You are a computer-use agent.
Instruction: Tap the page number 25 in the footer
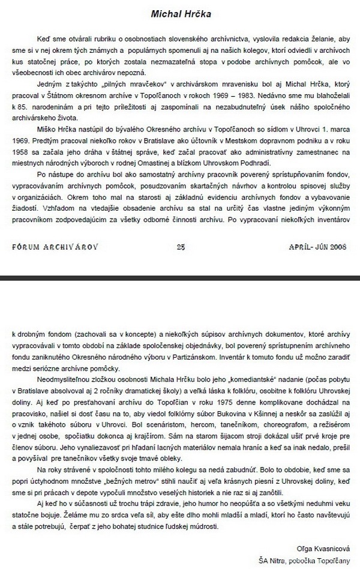(x=180, y=245)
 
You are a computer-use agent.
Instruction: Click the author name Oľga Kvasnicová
(x=323, y=549)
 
